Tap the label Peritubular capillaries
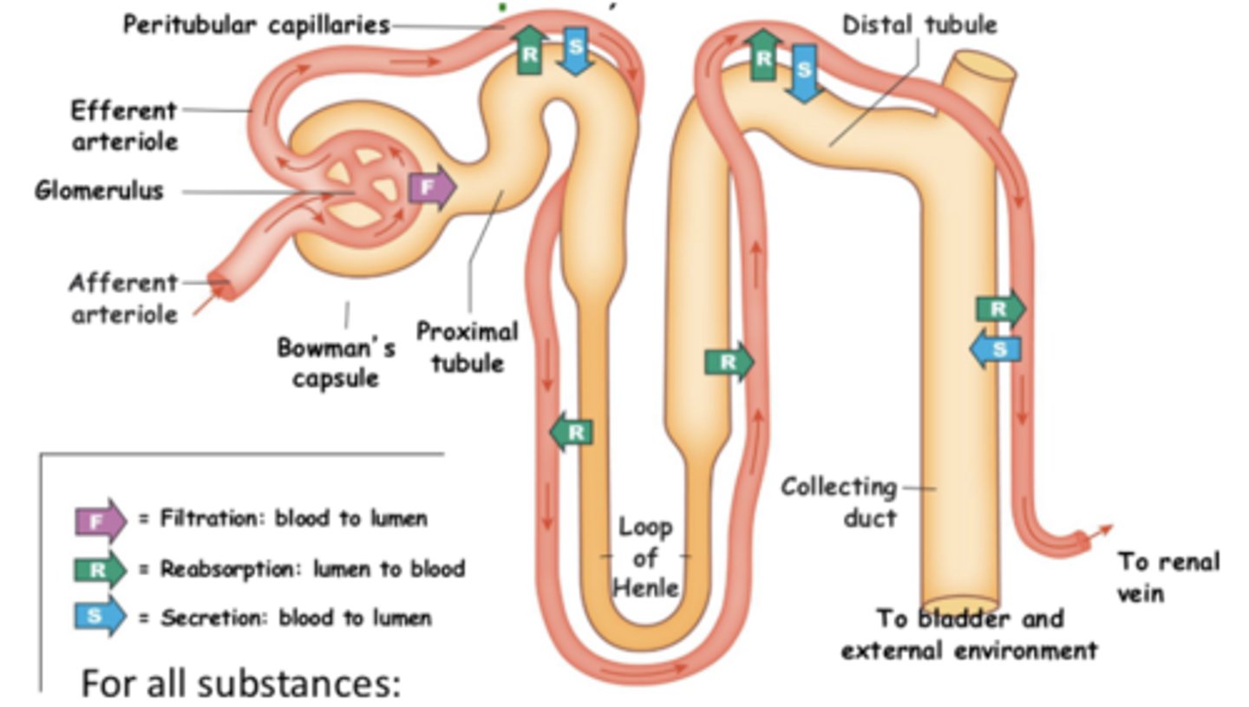point(256,25)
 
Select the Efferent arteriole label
point(124,126)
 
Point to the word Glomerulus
point(99,191)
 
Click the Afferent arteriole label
point(123,298)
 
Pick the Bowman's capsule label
point(337,363)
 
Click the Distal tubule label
point(919,25)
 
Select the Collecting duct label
point(839,502)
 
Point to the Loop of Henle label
point(645,557)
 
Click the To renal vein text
point(1167,577)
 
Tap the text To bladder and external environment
point(969,634)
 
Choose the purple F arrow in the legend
point(99,520)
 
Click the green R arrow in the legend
point(99,569)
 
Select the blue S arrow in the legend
point(99,617)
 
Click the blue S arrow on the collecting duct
point(996,350)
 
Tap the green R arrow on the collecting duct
point(1000,309)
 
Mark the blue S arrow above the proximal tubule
point(576,49)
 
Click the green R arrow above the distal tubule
point(763,55)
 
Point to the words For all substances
point(240,684)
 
